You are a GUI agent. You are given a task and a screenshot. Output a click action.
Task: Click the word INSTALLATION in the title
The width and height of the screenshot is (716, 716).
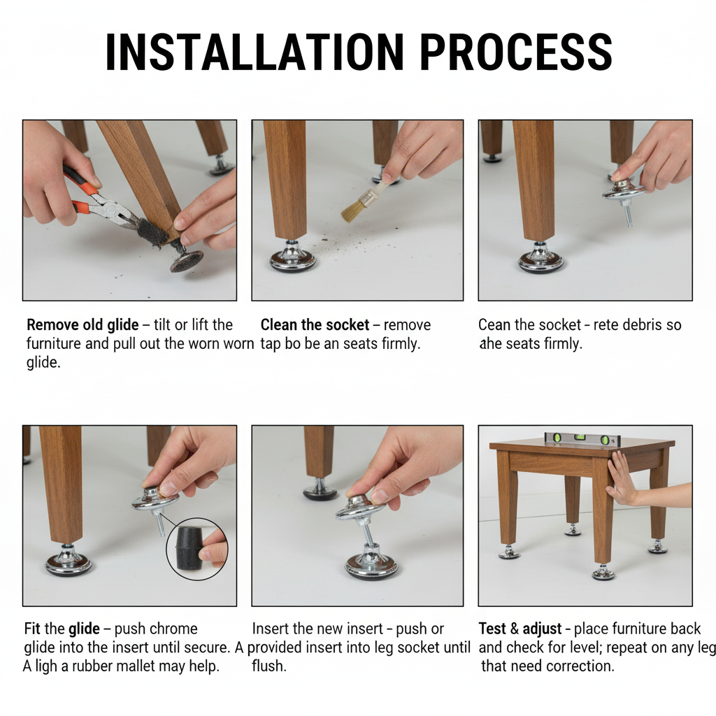click(x=255, y=51)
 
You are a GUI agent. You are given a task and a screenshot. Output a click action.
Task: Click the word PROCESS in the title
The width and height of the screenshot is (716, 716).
click(x=516, y=51)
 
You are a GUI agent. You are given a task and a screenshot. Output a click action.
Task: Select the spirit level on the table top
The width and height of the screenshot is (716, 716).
click(x=582, y=439)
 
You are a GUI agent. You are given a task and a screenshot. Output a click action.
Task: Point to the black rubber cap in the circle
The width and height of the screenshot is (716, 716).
click(x=190, y=548)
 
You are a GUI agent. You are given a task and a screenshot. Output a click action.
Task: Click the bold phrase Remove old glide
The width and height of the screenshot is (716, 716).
click(x=83, y=324)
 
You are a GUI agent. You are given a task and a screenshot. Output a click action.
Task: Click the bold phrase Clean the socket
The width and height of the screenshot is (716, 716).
click(x=315, y=324)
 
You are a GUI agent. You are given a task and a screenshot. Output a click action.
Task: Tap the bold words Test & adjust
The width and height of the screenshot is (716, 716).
click(x=520, y=629)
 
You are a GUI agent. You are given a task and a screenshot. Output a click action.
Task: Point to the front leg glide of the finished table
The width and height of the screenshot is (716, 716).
click(x=603, y=572)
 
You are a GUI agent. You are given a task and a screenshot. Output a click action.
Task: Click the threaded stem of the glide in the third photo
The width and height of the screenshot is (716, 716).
click(x=628, y=213)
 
